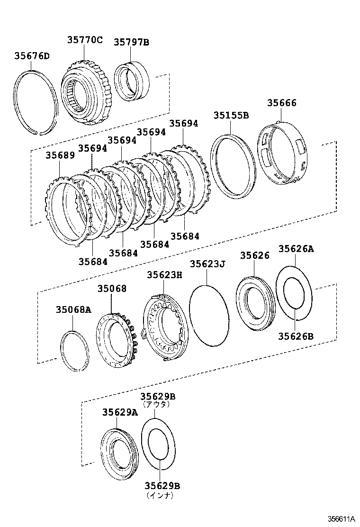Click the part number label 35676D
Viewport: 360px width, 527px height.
click(x=32, y=56)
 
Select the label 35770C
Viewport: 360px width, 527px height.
click(x=84, y=40)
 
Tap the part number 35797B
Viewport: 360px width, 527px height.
click(x=131, y=42)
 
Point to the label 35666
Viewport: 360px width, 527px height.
click(x=281, y=103)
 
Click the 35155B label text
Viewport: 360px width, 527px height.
click(x=231, y=115)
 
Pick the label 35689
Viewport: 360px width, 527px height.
click(x=60, y=155)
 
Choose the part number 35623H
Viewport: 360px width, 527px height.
click(x=164, y=274)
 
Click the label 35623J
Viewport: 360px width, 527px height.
click(x=207, y=263)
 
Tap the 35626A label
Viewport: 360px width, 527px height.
click(x=296, y=249)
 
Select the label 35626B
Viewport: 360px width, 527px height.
click(x=296, y=336)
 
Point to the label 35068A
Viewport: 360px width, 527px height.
click(x=73, y=310)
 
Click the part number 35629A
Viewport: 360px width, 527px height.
click(x=120, y=412)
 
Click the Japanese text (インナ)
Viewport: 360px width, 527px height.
click(x=160, y=495)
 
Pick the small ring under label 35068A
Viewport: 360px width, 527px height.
click(x=75, y=350)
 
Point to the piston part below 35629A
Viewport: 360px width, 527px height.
click(x=120, y=453)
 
